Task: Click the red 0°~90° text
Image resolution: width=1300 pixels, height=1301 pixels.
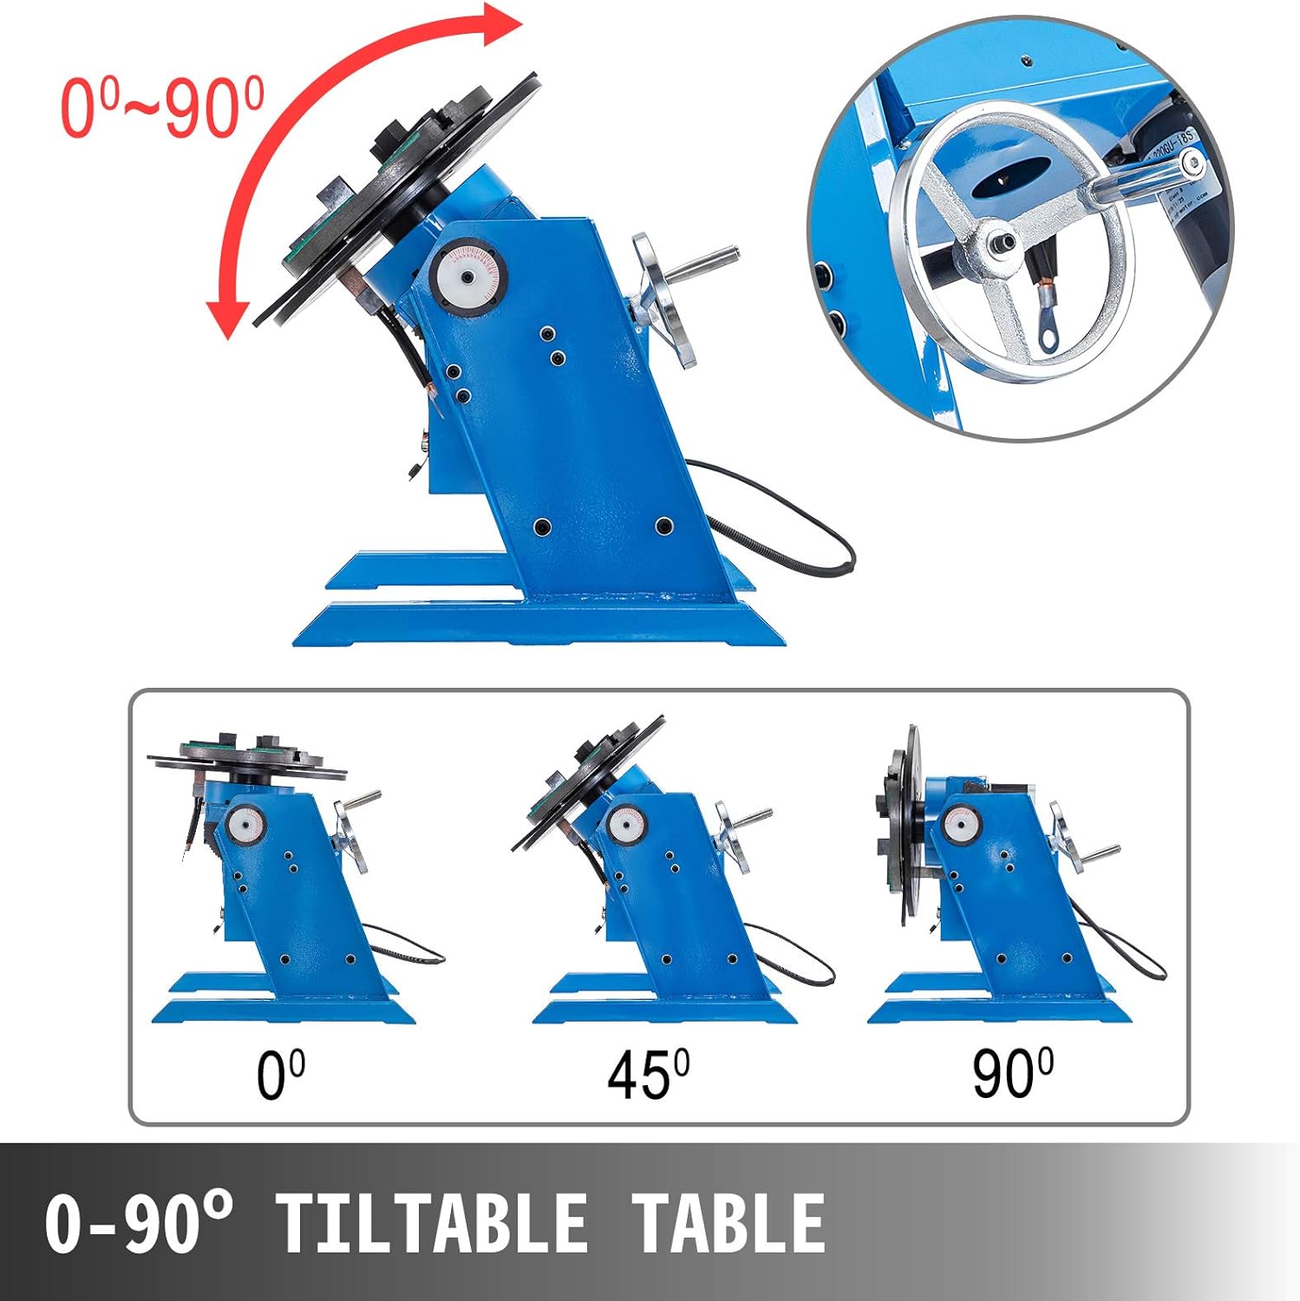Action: point(162,108)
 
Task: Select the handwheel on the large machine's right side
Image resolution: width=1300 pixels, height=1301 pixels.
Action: point(664,298)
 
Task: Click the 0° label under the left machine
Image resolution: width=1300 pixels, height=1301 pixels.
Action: point(280,1075)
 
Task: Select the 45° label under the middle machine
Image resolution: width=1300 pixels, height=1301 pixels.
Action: point(648,1075)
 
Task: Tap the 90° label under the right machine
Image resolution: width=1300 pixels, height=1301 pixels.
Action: point(1012,1074)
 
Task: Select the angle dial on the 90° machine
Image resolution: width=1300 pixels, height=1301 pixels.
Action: point(959,821)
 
